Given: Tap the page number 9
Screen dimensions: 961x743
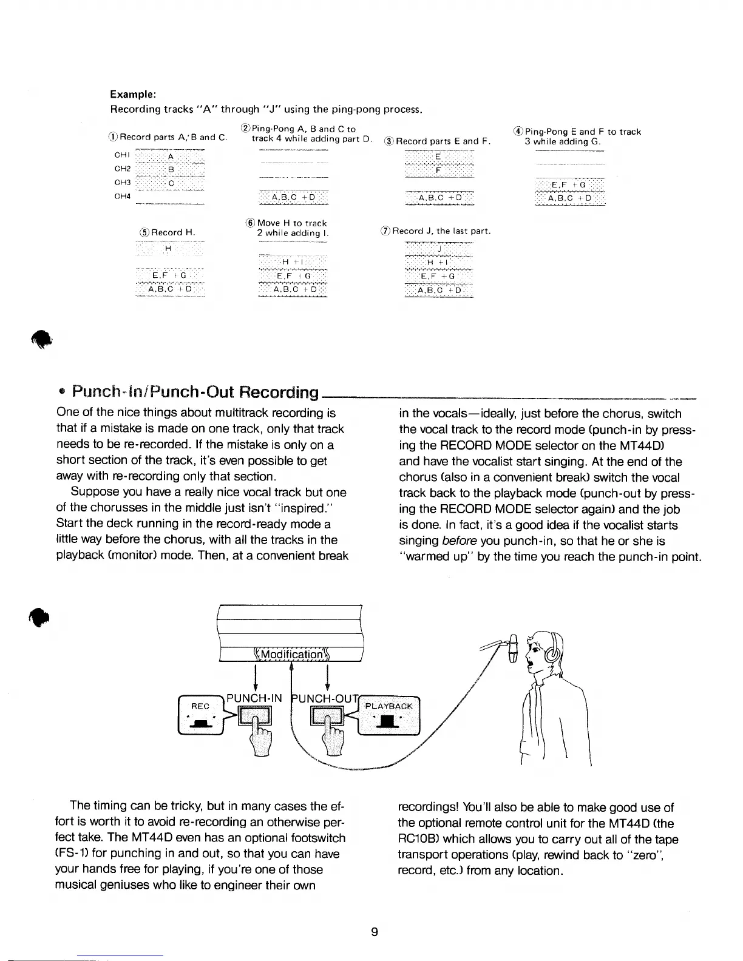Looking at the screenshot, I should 375,932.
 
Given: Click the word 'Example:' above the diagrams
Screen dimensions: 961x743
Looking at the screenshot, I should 134,95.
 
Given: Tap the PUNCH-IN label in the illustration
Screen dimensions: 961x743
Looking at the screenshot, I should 254,698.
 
